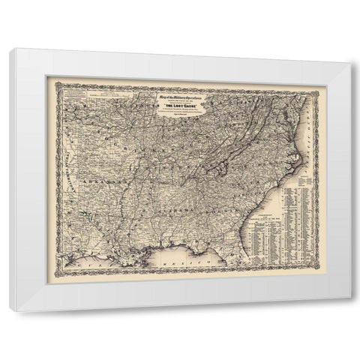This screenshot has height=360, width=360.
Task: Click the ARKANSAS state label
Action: point(101,181)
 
